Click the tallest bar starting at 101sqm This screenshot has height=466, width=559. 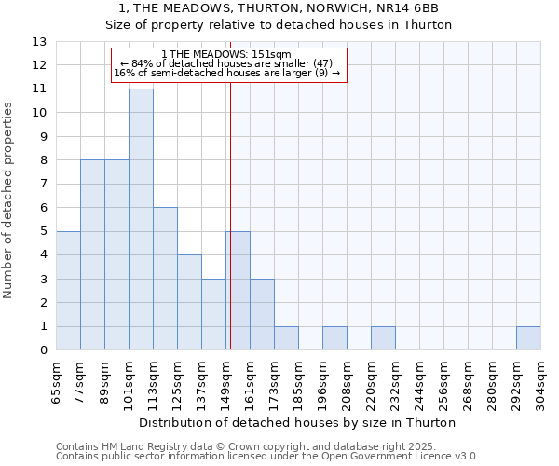click(x=141, y=219)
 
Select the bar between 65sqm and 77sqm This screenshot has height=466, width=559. click(x=68, y=291)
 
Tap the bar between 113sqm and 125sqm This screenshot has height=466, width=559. click(x=165, y=279)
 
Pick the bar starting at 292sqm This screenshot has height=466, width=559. click(x=528, y=338)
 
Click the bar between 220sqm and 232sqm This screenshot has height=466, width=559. click(x=383, y=338)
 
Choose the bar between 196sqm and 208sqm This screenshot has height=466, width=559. click(x=334, y=338)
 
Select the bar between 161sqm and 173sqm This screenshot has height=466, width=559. click(x=262, y=314)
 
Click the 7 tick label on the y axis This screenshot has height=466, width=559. click(x=43, y=184)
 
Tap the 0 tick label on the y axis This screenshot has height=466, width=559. click(x=43, y=350)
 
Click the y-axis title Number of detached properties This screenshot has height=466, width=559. click(x=9, y=200)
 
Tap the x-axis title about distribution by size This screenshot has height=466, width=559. click(x=298, y=422)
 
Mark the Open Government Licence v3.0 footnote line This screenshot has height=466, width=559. click(x=266, y=457)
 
